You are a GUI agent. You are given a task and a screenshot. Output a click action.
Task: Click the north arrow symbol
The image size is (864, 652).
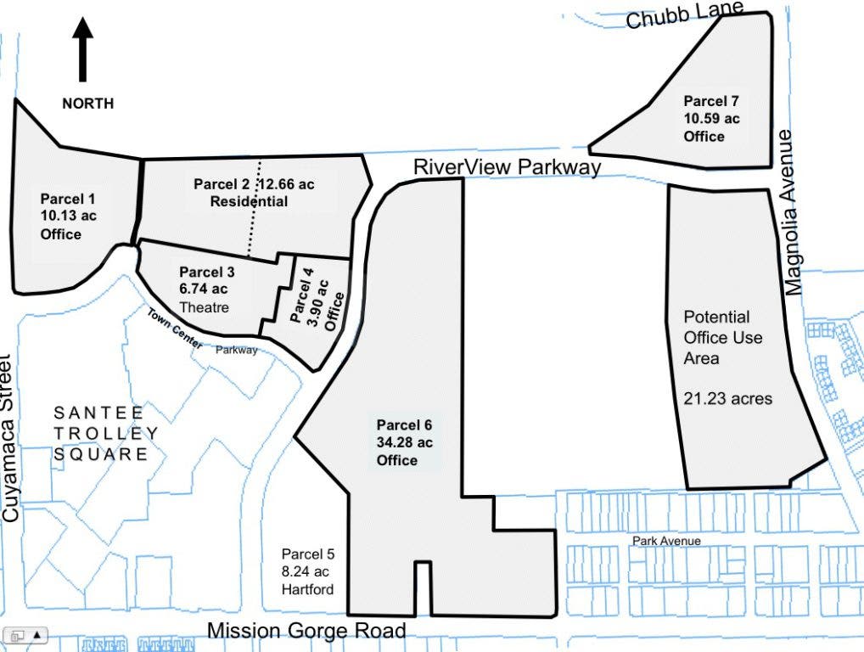tap(82, 49)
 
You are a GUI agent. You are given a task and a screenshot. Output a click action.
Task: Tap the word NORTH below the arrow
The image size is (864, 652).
tap(88, 104)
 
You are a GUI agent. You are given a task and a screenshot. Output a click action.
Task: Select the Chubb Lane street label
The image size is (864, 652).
tap(685, 14)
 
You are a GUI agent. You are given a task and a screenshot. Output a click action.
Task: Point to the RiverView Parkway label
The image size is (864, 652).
tap(507, 167)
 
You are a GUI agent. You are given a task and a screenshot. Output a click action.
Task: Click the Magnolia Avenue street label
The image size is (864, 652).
tap(792, 213)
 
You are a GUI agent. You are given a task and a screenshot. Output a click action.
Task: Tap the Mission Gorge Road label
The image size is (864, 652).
tap(307, 631)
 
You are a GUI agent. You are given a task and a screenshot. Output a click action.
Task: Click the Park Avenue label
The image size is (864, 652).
tap(666, 541)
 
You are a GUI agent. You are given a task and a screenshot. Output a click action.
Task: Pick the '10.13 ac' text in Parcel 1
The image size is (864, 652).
tap(69, 216)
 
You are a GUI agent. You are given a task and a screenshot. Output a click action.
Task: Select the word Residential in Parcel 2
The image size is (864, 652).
tap(249, 201)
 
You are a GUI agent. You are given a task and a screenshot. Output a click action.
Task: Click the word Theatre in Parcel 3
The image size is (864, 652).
tap(205, 307)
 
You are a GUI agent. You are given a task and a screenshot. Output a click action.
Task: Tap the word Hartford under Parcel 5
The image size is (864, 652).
tap(307, 590)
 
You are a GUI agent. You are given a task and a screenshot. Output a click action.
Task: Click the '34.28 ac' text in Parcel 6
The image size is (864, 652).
tap(405, 442)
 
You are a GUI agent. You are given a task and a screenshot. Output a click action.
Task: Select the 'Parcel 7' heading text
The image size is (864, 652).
tap(711, 101)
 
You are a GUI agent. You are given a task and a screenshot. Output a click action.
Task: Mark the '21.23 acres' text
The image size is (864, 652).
tap(728, 398)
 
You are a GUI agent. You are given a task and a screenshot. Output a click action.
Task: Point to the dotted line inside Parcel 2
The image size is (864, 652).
tap(255, 209)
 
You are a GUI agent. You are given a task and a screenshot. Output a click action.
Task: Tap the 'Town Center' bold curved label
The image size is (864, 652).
tap(175, 329)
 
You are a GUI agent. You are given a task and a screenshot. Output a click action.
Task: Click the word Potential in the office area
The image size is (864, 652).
tap(716, 317)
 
